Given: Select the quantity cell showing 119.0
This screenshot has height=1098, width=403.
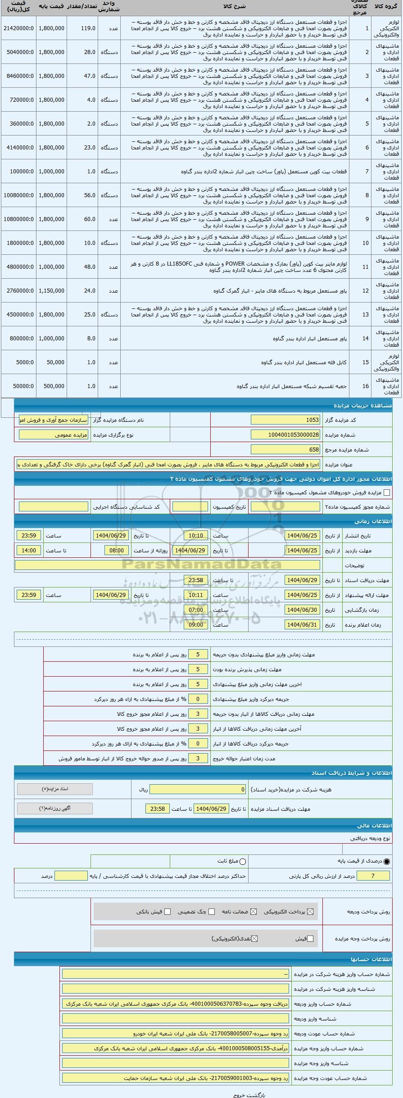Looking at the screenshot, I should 82,28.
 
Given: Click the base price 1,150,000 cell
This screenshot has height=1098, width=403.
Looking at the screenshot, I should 51,291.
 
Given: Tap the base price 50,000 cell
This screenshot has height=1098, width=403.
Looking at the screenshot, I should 51,362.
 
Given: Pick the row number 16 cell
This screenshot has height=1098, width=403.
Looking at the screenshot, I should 366,386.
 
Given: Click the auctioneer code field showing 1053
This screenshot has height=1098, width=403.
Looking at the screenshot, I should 285,420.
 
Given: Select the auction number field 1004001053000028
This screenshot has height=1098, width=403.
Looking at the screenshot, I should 285,434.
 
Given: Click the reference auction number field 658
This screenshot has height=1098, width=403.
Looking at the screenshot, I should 285,449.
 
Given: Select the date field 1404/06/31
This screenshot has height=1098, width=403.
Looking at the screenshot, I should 302,625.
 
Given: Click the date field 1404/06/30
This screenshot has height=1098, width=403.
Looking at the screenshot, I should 302,610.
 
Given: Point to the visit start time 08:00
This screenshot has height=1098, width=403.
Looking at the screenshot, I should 117,551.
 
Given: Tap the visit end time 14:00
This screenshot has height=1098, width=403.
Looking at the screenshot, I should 29,551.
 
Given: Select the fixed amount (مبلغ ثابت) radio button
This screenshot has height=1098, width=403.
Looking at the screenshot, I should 243,861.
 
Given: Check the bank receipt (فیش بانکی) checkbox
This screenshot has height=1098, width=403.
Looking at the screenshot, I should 168,912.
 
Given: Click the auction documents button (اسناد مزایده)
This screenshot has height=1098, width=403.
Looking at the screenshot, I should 54,789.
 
